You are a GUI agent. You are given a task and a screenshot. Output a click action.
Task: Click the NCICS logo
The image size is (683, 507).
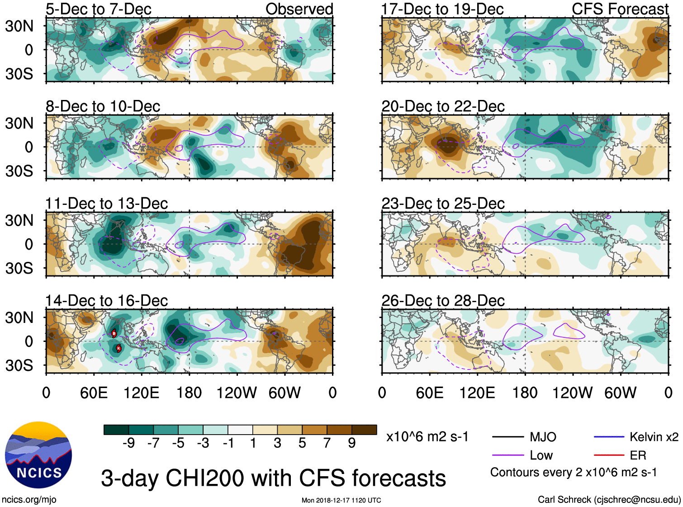[x=38, y=455]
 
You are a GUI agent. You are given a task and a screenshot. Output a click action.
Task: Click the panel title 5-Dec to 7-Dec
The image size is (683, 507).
[x=99, y=9]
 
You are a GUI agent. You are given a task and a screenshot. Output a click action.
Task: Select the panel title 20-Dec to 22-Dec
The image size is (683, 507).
[x=443, y=106]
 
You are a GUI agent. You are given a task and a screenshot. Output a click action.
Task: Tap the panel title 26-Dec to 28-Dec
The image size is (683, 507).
[x=443, y=301]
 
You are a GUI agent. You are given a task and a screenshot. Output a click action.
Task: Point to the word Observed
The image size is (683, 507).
[x=299, y=9]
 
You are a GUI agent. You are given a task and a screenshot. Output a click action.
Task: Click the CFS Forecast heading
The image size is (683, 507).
[x=620, y=9]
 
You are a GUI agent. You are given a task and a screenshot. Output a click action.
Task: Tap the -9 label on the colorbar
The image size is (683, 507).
[x=128, y=443]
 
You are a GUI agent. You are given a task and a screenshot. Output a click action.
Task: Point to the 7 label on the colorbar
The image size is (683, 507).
[x=327, y=443]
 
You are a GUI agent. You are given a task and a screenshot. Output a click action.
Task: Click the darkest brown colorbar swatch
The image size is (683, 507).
[x=364, y=430]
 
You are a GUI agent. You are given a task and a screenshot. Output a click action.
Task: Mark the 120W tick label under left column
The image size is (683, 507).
[x=237, y=393]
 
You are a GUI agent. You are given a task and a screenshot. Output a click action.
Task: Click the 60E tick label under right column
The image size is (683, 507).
[x=430, y=393]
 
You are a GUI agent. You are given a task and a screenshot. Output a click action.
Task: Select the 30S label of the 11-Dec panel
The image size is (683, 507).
[x=19, y=268]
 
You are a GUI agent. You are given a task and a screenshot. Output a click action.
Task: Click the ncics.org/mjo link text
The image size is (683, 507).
[x=29, y=500]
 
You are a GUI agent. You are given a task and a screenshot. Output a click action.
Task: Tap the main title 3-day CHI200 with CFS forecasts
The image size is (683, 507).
[x=273, y=479]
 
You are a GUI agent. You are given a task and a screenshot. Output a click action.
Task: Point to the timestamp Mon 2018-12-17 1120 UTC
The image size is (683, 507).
[x=341, y=500]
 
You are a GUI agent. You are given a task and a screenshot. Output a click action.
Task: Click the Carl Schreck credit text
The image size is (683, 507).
[x=609, y=500]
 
